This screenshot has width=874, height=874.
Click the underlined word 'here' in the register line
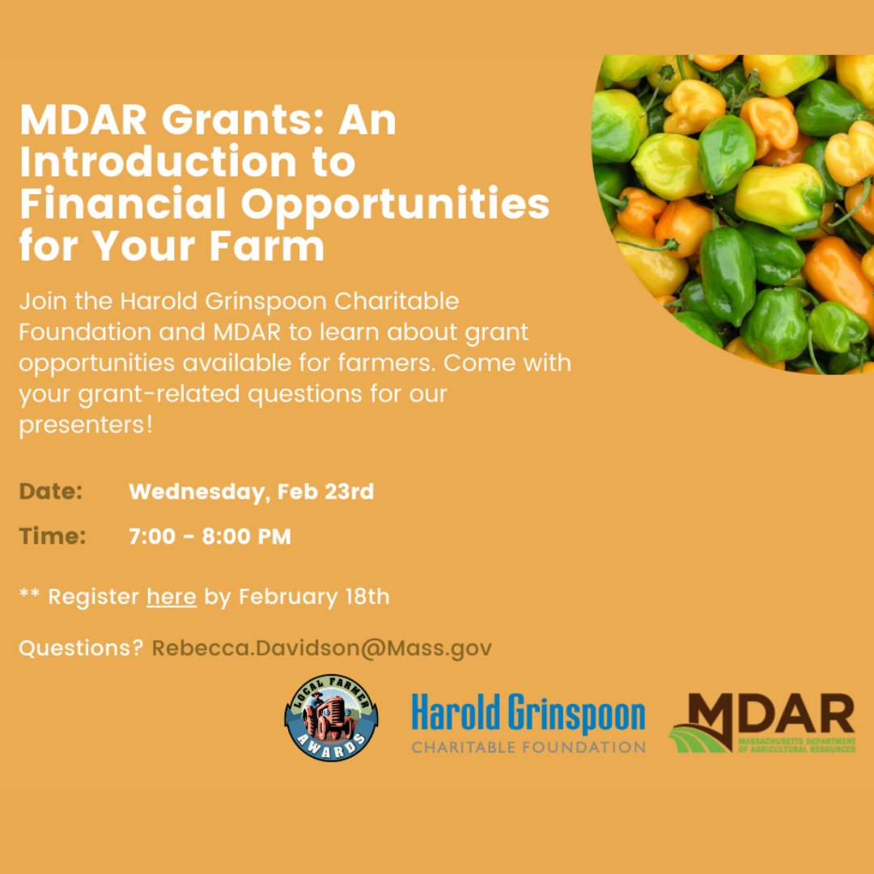[172, 597]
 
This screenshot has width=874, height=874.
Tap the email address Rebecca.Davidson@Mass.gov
[321, 648]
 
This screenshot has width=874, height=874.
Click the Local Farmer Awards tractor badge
[331, 716]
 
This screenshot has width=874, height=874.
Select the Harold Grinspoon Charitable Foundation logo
[528, 723]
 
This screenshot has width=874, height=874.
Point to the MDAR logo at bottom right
[762, 723]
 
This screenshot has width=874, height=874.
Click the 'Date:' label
[51, 492]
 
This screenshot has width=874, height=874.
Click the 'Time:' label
[53, 536]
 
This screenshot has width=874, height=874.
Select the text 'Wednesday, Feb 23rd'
[251, 492]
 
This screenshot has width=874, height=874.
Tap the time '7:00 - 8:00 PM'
[210, 536]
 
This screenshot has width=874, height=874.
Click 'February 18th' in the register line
[314, 597]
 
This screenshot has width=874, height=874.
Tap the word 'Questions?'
[81, 648]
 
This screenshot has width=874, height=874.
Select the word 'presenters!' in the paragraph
[86, 425]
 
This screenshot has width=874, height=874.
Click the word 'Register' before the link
[93, 597]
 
